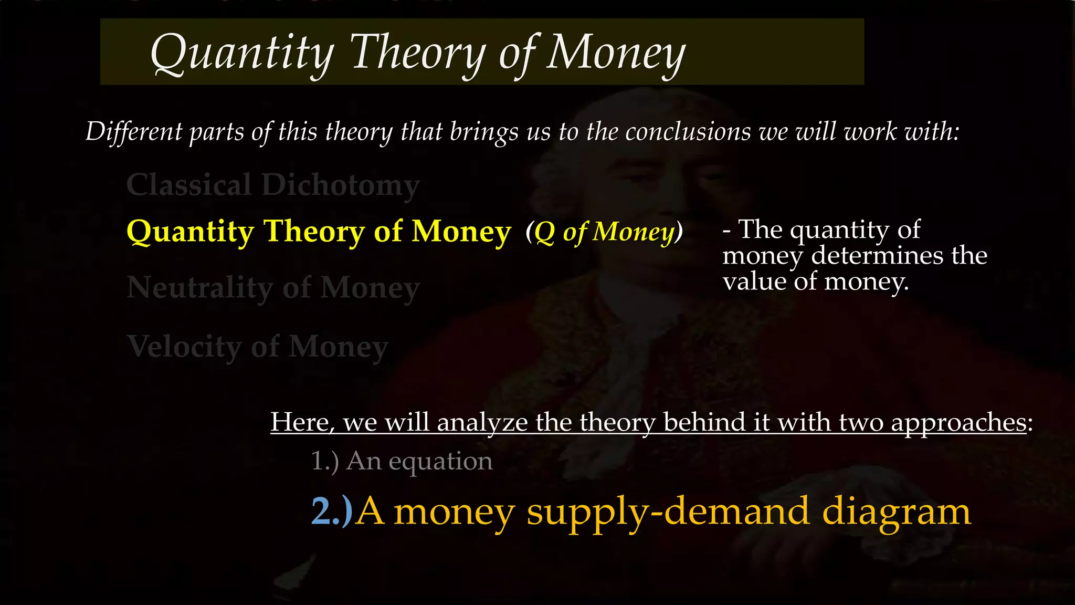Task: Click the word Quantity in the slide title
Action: click(x=242, y=53)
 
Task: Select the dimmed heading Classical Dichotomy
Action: click(x=273, y=185)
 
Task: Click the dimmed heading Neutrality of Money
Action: click(x=273, y=288)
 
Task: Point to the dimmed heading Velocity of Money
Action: click(x=257, y=347)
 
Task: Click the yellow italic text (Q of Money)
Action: click(x=604, y=232)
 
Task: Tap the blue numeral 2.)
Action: click(x=332, y=511)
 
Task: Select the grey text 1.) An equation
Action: click(x=402, y=461)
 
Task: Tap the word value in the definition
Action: click(x=754, y=281)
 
